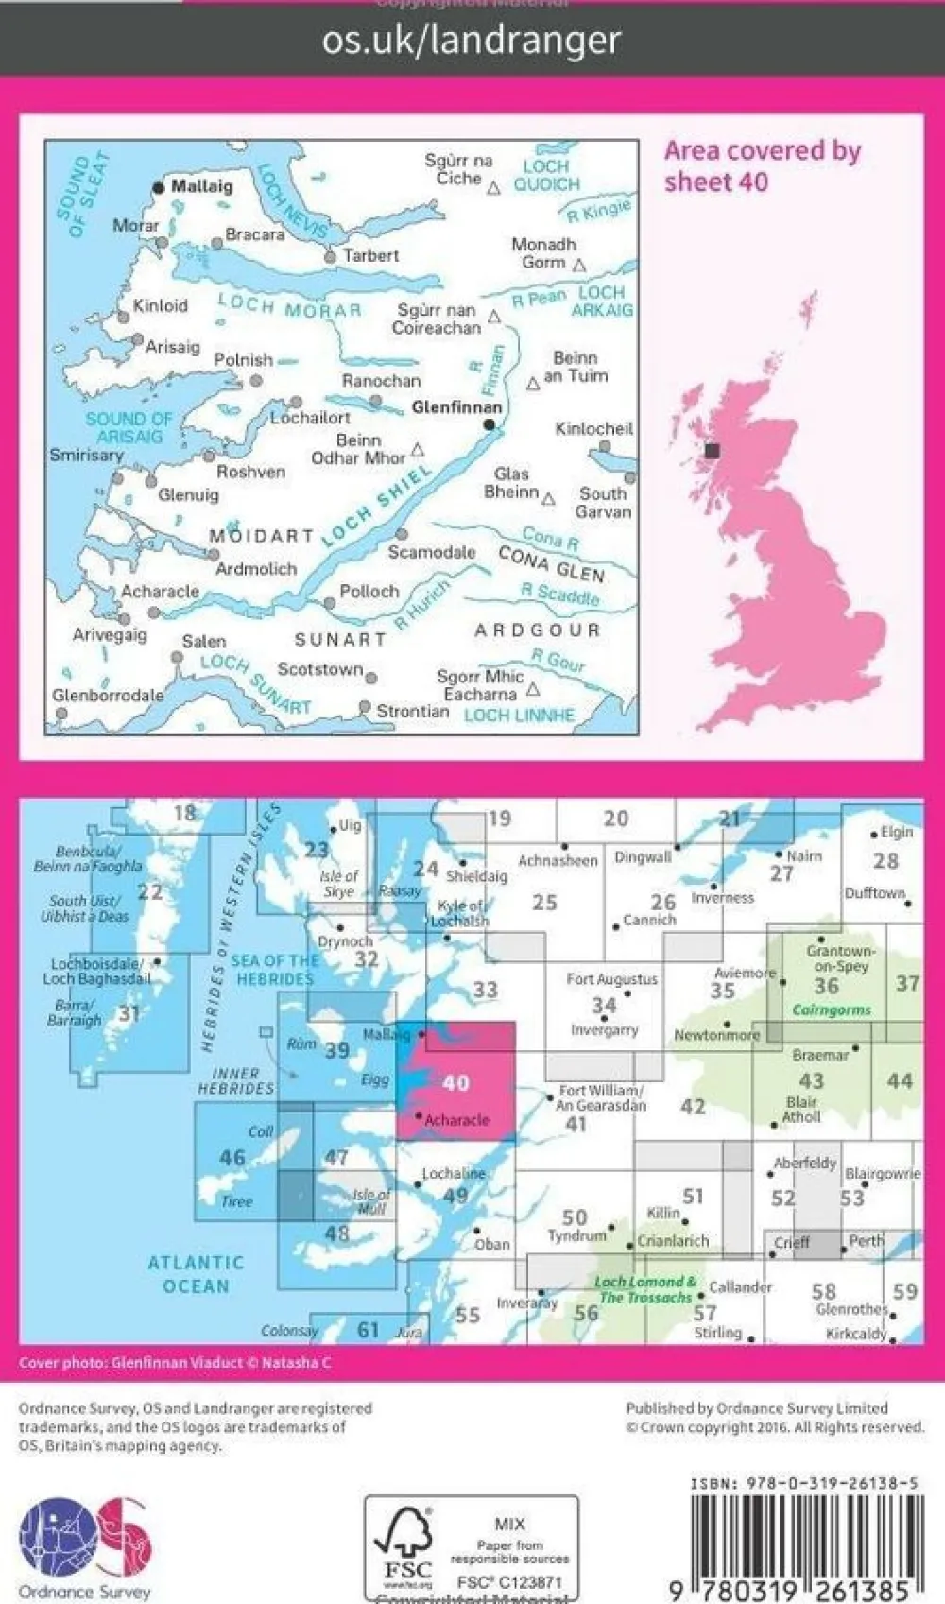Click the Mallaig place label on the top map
[x=201, y=186]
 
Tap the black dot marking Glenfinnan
[x=489, y=425]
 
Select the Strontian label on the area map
[x=412, y=711]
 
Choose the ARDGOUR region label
[x=537, y=630]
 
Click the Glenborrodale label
[x=108, y=695]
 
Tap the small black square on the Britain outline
[x=713, y=452]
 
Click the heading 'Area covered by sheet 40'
[x=762, y=165]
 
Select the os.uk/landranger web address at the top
[x=472, y=40]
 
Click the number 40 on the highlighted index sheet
[x=455, y=1083]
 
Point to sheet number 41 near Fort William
[x=576, y=1124]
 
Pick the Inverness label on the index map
[x=722, y=898]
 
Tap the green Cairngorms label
[x=832, y=1009]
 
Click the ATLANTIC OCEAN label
[x=196, y=1274]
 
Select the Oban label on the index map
[x=491, y=1244]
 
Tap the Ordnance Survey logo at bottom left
[x=84, y=1546]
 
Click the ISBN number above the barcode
[x=803, y=1483]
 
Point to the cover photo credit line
[x=175, y=1363]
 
